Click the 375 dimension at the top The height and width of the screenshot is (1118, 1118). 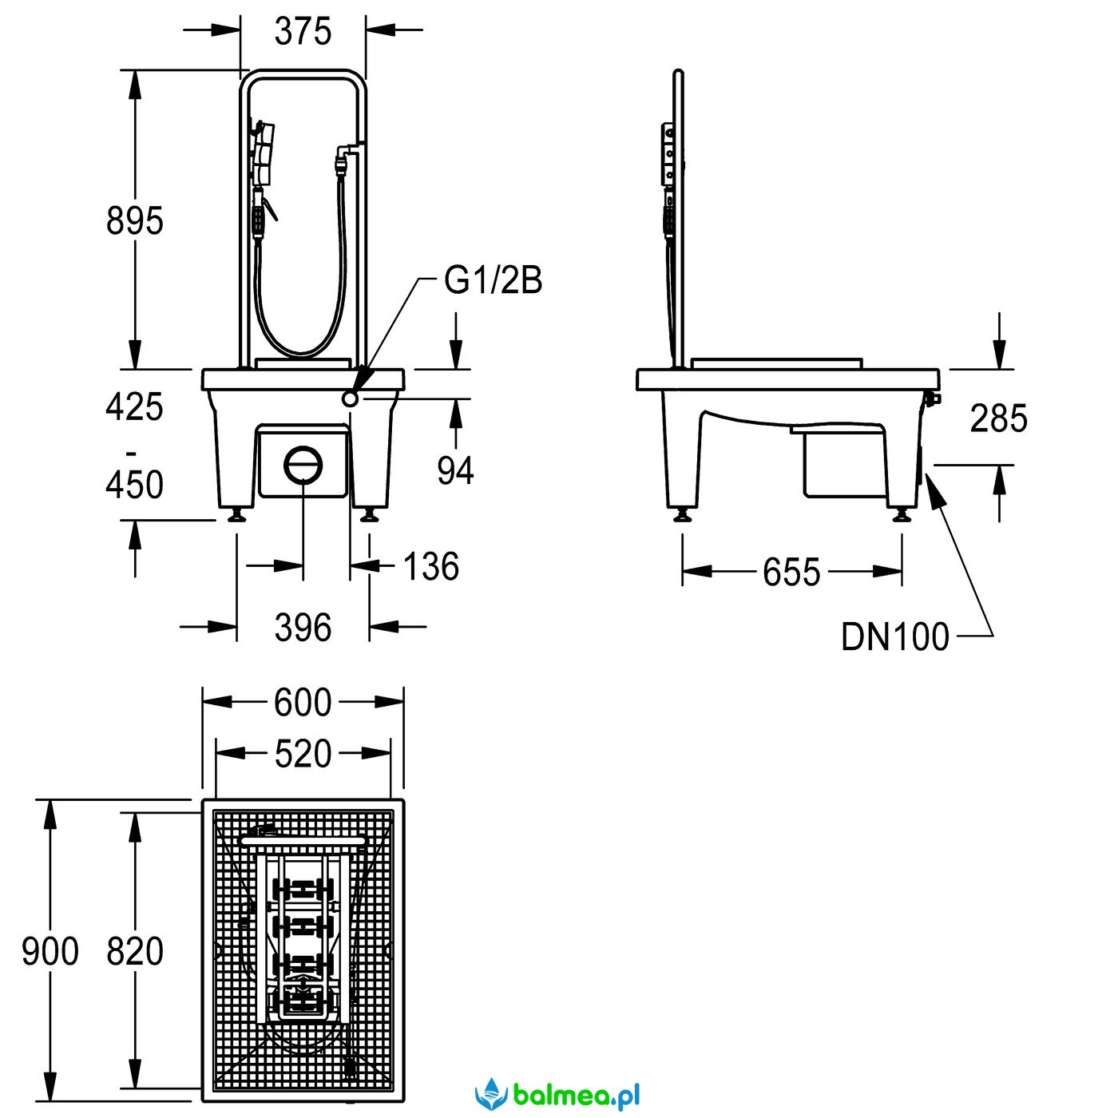303,32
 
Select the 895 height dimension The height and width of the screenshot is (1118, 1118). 135,221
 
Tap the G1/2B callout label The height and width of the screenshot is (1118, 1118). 494,280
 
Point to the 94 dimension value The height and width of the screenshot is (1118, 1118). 455,470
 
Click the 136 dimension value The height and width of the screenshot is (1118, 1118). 431,567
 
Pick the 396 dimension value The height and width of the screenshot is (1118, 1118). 303,628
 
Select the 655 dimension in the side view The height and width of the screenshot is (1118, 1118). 791,573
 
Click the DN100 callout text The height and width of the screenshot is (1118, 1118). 894,636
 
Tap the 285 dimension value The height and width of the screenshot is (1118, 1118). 998,418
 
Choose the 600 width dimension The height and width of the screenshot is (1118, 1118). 303,703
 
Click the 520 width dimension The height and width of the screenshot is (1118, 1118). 303,754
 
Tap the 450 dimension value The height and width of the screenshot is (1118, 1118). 135,485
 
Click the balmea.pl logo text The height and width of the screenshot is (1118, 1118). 577,1096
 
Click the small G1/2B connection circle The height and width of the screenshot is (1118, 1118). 349,399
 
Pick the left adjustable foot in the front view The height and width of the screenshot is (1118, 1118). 236,516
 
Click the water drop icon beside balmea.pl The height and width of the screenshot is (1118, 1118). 491,1093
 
